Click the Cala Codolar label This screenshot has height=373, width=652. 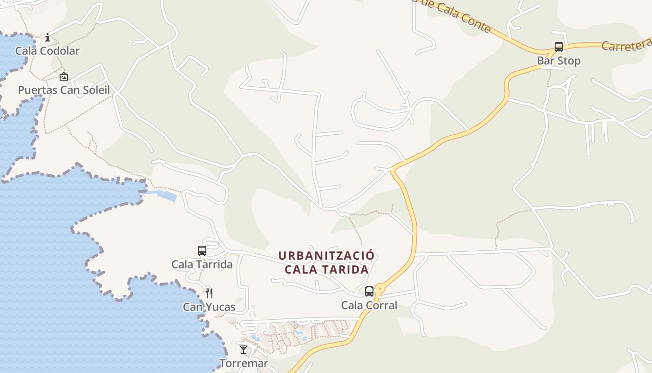[x=48, y=51]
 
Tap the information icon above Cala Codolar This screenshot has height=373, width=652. [x=47, y=37]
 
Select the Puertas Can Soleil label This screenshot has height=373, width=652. [x=64, y=90]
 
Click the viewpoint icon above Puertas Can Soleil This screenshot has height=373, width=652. [x=64, y=76]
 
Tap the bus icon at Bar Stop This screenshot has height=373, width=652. [x=558, y=47]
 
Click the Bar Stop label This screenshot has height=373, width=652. [x=558, y=61]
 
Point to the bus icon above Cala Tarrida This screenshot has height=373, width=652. [x=202, y=251]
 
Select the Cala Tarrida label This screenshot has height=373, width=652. [x=202, y=264]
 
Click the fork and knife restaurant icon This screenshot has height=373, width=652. [x=209, y=293]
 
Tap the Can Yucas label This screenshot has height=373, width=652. [x=209, y=307]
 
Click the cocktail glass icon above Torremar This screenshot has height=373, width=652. [x=244, y=350]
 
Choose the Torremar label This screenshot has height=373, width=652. [x=244, y=363]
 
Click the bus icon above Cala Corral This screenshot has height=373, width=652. [x=369, y=291]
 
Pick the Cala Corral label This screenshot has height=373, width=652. [x=369, y=305]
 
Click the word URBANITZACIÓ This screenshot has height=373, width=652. [x=326, y=256]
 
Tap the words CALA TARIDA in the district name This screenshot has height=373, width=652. [x=326, y=269]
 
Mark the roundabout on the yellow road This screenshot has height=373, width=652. [x=380, y=290]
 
